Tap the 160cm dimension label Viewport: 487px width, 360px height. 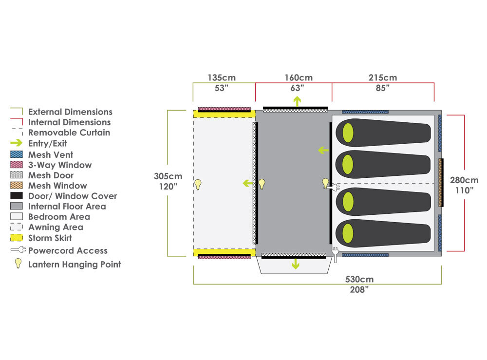click(x=299, y=78)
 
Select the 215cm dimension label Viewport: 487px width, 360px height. click(x=383, y=78)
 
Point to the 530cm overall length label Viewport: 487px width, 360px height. click(x=359, y=280)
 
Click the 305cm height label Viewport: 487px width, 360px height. click(x=168, y=176)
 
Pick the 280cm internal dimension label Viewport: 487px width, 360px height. click(x=465, y=180)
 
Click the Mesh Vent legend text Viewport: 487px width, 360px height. click(x=51, y=154)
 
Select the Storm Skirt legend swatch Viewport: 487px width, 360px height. click(x=16, y=238)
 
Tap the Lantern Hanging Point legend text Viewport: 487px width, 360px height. click(x=75, y=265)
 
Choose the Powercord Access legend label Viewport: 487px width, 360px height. click(x=68, y=251)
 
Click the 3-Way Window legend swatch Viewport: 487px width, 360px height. click(x=16, y=165)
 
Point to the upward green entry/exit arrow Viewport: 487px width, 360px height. click(x=297, y=101)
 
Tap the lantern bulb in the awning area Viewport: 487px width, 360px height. click(x=198, y=184)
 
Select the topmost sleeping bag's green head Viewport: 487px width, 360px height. click(x=348, y=133)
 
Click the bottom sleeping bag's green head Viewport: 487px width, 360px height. click(x=348, y=231)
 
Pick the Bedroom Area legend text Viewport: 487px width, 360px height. click(x=59, y=217)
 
